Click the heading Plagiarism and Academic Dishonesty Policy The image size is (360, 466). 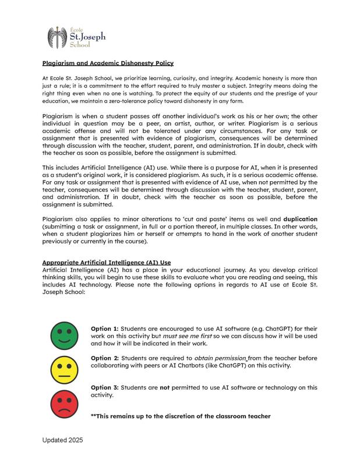pyautogui.click(x=108, y=63)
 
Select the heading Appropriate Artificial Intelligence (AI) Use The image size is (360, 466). pyautogui.click(x=106, y=263)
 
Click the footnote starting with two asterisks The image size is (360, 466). pyautogui.click(x=181, y=416)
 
